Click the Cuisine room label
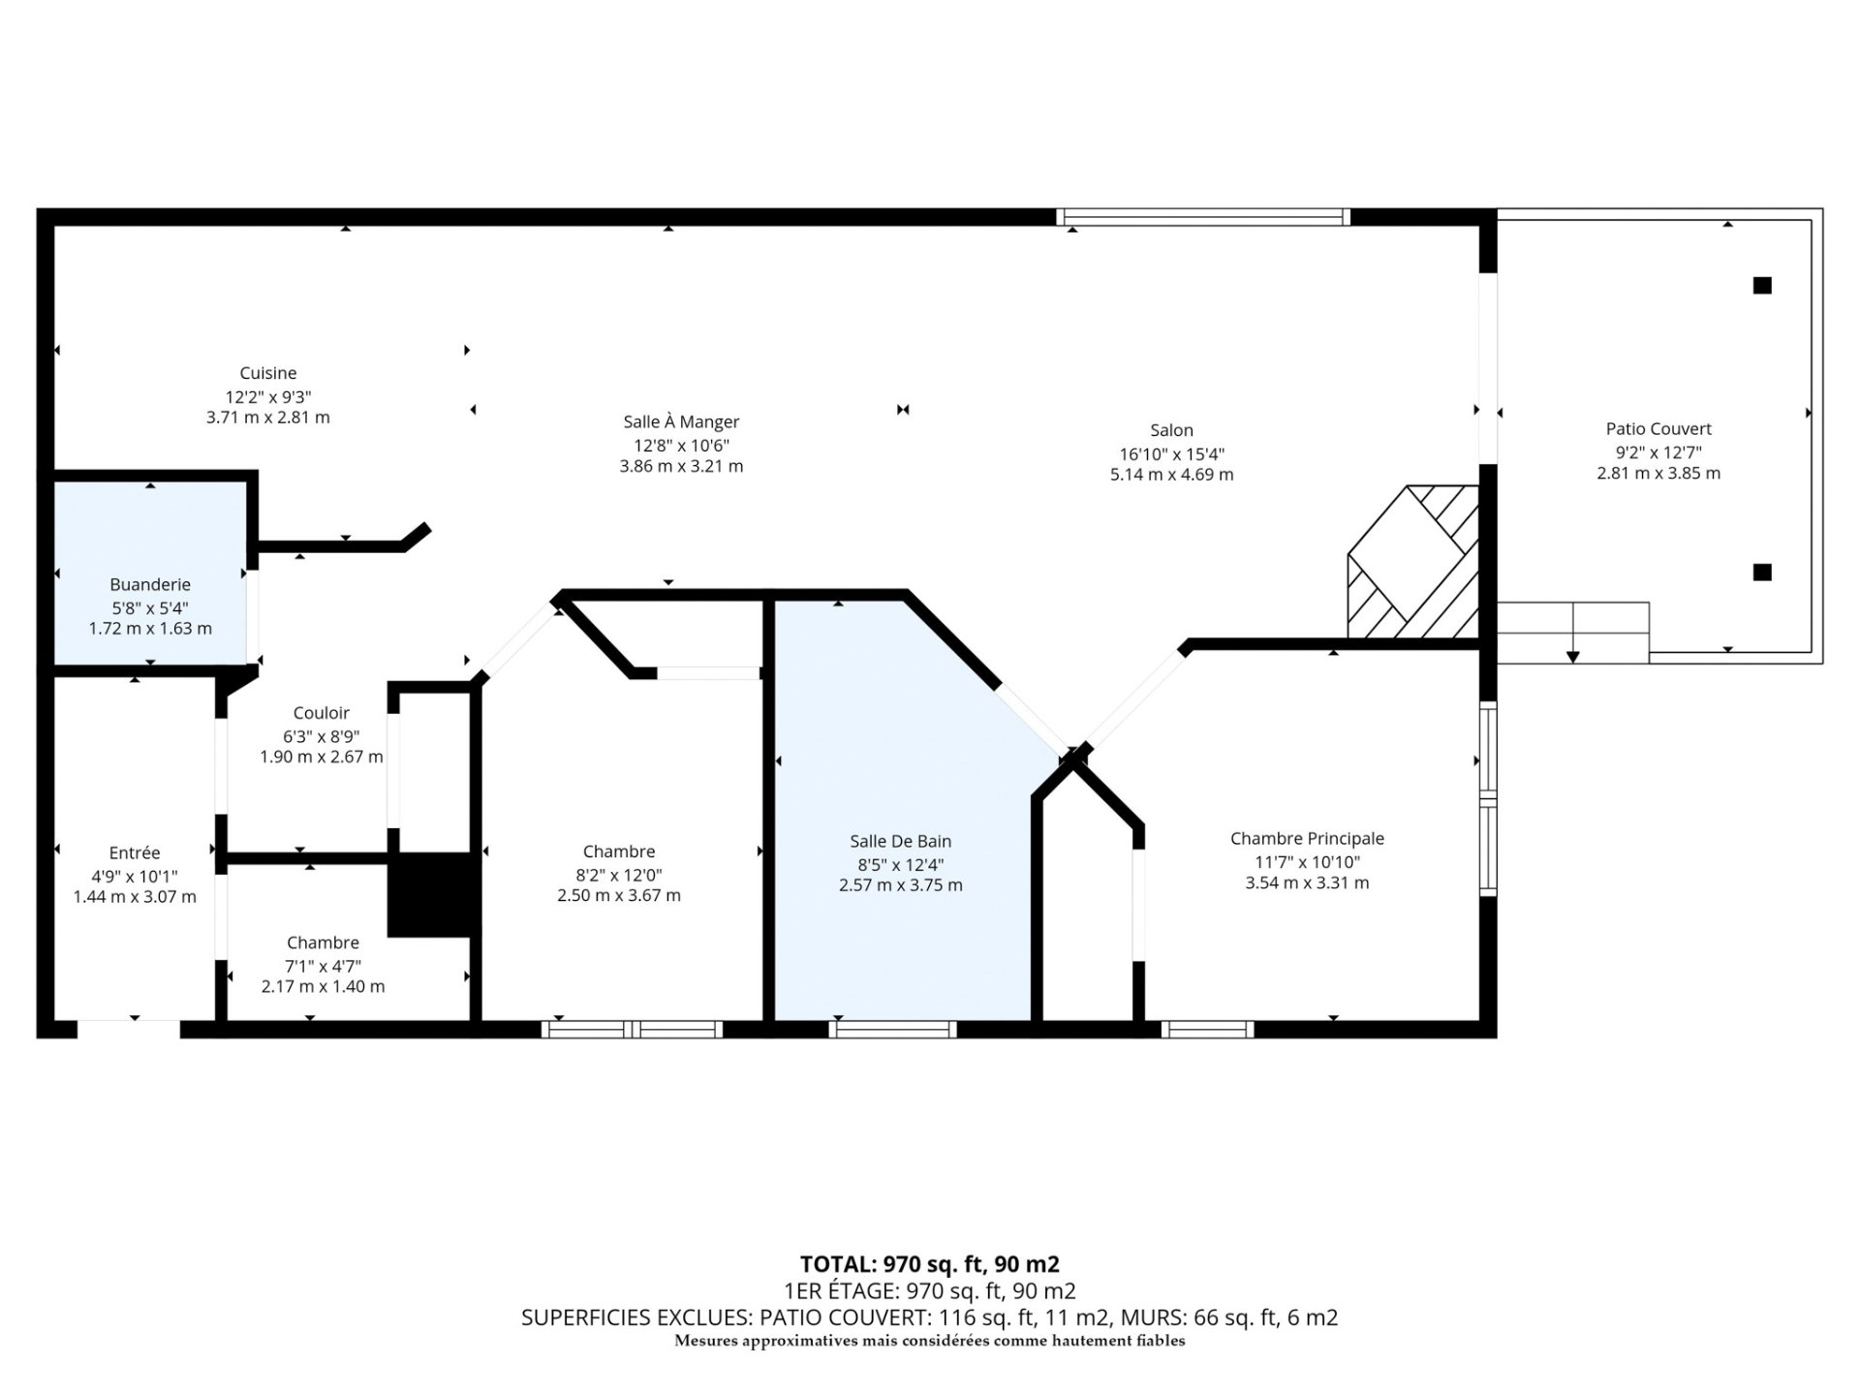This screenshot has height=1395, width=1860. pos(268,373)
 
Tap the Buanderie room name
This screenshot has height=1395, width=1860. pos(150,584)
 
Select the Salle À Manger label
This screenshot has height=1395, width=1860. pos(681,421)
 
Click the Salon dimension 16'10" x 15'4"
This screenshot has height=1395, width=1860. pos(1171,453)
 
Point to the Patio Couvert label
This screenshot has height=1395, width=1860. pos(1658,428)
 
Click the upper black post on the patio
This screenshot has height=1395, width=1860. pos(1762,285)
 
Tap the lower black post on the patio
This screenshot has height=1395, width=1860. pos(1762,572)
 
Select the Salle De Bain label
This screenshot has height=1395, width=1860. pos(900,841)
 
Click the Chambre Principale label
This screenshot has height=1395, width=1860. pos(1307,838)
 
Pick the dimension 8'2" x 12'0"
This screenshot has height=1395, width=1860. pos(618,874)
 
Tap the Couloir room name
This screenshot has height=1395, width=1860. pos(321,713)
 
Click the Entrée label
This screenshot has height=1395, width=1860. pos(135,852)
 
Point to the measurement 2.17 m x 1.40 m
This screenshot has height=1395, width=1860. pos(323,986)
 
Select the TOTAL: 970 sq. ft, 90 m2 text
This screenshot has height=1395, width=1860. pos(929,1264)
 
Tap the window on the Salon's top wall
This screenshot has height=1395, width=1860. pos(1202,217)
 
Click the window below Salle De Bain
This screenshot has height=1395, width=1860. pos(892,1029)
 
